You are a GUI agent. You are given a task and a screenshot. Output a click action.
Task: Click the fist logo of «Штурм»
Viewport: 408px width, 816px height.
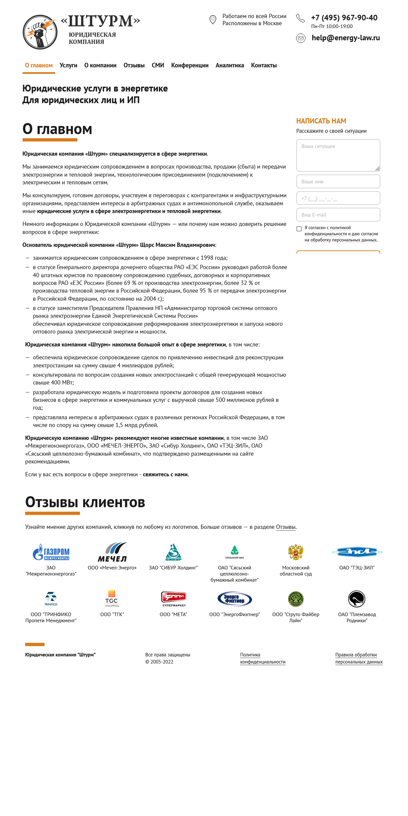40,32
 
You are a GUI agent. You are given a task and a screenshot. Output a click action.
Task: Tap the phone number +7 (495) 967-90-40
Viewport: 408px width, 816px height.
344,18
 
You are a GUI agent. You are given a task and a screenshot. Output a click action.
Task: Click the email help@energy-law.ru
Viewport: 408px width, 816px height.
345,38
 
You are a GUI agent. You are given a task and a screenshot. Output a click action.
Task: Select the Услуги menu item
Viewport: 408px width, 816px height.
68,66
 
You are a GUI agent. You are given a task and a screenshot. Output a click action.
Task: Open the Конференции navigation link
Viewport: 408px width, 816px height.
190,66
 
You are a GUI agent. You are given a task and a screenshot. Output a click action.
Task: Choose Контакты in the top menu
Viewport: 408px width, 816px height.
264,66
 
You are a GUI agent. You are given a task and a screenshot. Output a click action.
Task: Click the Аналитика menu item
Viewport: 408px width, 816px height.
230,66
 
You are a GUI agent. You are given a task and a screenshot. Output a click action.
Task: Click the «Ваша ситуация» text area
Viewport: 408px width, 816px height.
338,155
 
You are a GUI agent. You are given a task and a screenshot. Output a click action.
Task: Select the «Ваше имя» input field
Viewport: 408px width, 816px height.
338,182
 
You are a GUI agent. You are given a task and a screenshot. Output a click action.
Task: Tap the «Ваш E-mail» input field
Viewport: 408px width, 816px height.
338,215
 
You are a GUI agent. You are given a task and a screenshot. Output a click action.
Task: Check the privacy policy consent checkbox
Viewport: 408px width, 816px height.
299,229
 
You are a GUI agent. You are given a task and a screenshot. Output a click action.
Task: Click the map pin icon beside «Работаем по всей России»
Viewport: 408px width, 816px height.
213,20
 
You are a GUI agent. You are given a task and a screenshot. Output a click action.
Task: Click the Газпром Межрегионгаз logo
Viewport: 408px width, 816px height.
51,552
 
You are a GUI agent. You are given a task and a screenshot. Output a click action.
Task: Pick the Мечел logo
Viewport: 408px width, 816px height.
112,552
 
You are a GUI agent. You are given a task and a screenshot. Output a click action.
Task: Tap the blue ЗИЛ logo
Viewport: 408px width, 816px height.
357,552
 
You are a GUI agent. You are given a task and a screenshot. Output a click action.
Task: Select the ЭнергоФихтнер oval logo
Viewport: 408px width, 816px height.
234,599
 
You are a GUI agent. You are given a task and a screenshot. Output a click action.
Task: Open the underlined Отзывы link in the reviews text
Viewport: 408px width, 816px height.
285,527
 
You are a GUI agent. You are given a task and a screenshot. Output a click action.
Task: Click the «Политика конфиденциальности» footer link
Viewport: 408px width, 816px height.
263,658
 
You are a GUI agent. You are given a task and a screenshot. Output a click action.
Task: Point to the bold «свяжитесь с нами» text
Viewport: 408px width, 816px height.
166,475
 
